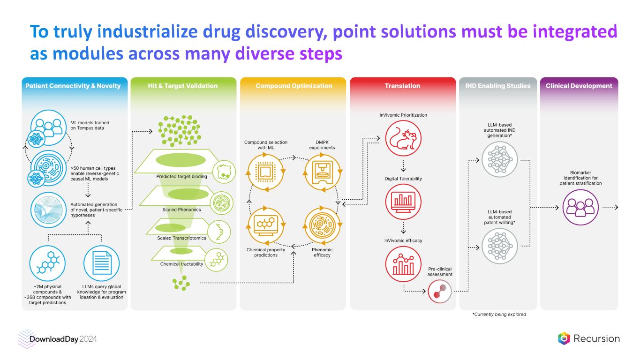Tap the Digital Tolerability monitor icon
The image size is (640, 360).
click(x=403, y=202)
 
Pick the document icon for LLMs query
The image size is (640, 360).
click(x=101, y=262)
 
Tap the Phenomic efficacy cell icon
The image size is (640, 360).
click(x=322, y=225)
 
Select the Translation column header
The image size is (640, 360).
click(x=402, y=86)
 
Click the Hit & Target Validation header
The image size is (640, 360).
click(x=183, y=86)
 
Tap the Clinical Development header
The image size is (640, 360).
click(x=579, y=86)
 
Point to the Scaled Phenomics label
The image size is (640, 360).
click(x=181, y=210)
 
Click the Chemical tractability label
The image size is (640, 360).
click(x=181, y=264)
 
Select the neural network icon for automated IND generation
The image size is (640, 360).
click(x=499, y=159)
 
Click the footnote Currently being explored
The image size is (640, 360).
click(x=499, y=315)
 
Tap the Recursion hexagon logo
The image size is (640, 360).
click(x=564, y=338)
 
